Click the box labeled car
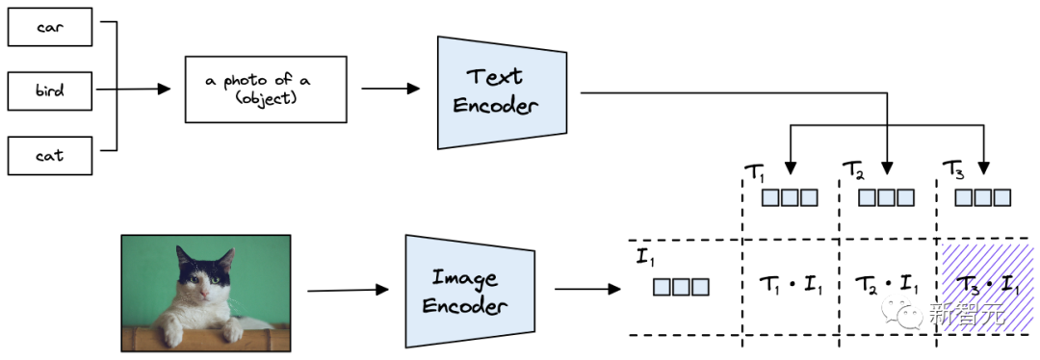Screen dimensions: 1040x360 click(50, 28)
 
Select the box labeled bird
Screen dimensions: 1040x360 click(50, 90)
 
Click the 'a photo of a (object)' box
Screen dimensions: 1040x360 click(266, 90)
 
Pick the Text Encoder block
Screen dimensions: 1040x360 click(503, 92)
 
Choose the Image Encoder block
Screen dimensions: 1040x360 click(470, 291)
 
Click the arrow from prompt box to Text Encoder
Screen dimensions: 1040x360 click(390, 89)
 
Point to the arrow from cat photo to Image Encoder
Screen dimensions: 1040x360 click(348, 290)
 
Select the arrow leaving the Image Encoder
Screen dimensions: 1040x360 click(587, 289)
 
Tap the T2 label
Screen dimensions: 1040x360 click(853, 171)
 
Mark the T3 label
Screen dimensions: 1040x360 click(952, 170)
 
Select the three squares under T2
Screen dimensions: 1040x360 click(886, 197)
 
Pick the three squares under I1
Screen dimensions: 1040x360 click(681, 287)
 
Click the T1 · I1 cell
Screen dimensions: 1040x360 click(791, 287)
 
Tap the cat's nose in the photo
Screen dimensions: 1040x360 click(206, 293)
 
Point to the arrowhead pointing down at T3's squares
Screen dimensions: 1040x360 click(985, 172)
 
